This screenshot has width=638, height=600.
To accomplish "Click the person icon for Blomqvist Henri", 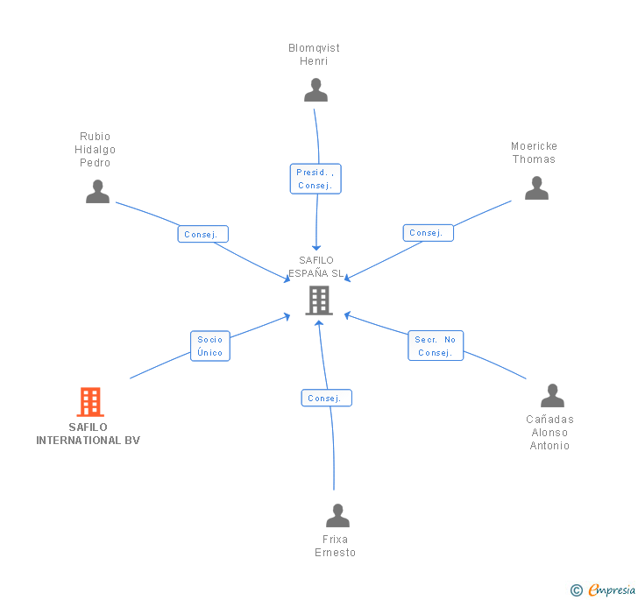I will [315, 90].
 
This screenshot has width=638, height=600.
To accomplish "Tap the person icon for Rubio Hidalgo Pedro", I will [97, 192].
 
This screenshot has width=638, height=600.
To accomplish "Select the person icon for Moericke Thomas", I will [536, 188].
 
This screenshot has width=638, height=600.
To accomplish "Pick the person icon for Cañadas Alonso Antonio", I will [552, 396].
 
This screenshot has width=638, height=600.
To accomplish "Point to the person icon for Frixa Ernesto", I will [337, 516].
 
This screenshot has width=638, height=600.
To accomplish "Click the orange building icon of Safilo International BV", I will [89, 402].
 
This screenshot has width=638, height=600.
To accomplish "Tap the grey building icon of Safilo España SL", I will [318, 300].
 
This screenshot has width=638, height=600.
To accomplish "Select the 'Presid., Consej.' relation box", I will [315, 179].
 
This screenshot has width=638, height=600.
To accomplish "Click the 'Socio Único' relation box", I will [210, 346].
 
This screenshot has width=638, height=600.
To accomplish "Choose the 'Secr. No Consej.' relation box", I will [436, 346].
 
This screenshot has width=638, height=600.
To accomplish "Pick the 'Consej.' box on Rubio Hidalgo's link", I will [203, 234].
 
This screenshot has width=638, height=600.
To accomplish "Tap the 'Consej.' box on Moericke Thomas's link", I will [429, 232].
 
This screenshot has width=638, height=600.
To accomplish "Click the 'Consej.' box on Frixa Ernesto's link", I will [327, 398].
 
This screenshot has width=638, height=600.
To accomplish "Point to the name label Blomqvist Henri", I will [314, 54].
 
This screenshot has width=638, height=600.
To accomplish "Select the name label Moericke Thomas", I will [534, 152].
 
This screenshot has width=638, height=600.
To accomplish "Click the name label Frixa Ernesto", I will [336, 546].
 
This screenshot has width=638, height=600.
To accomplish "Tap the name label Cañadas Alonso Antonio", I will [549, 432].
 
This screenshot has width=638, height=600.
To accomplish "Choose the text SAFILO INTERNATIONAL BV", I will [88, 434].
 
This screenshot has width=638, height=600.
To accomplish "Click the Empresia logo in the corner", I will [603, 589].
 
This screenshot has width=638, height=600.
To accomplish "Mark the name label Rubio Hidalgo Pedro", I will [95, 149].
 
